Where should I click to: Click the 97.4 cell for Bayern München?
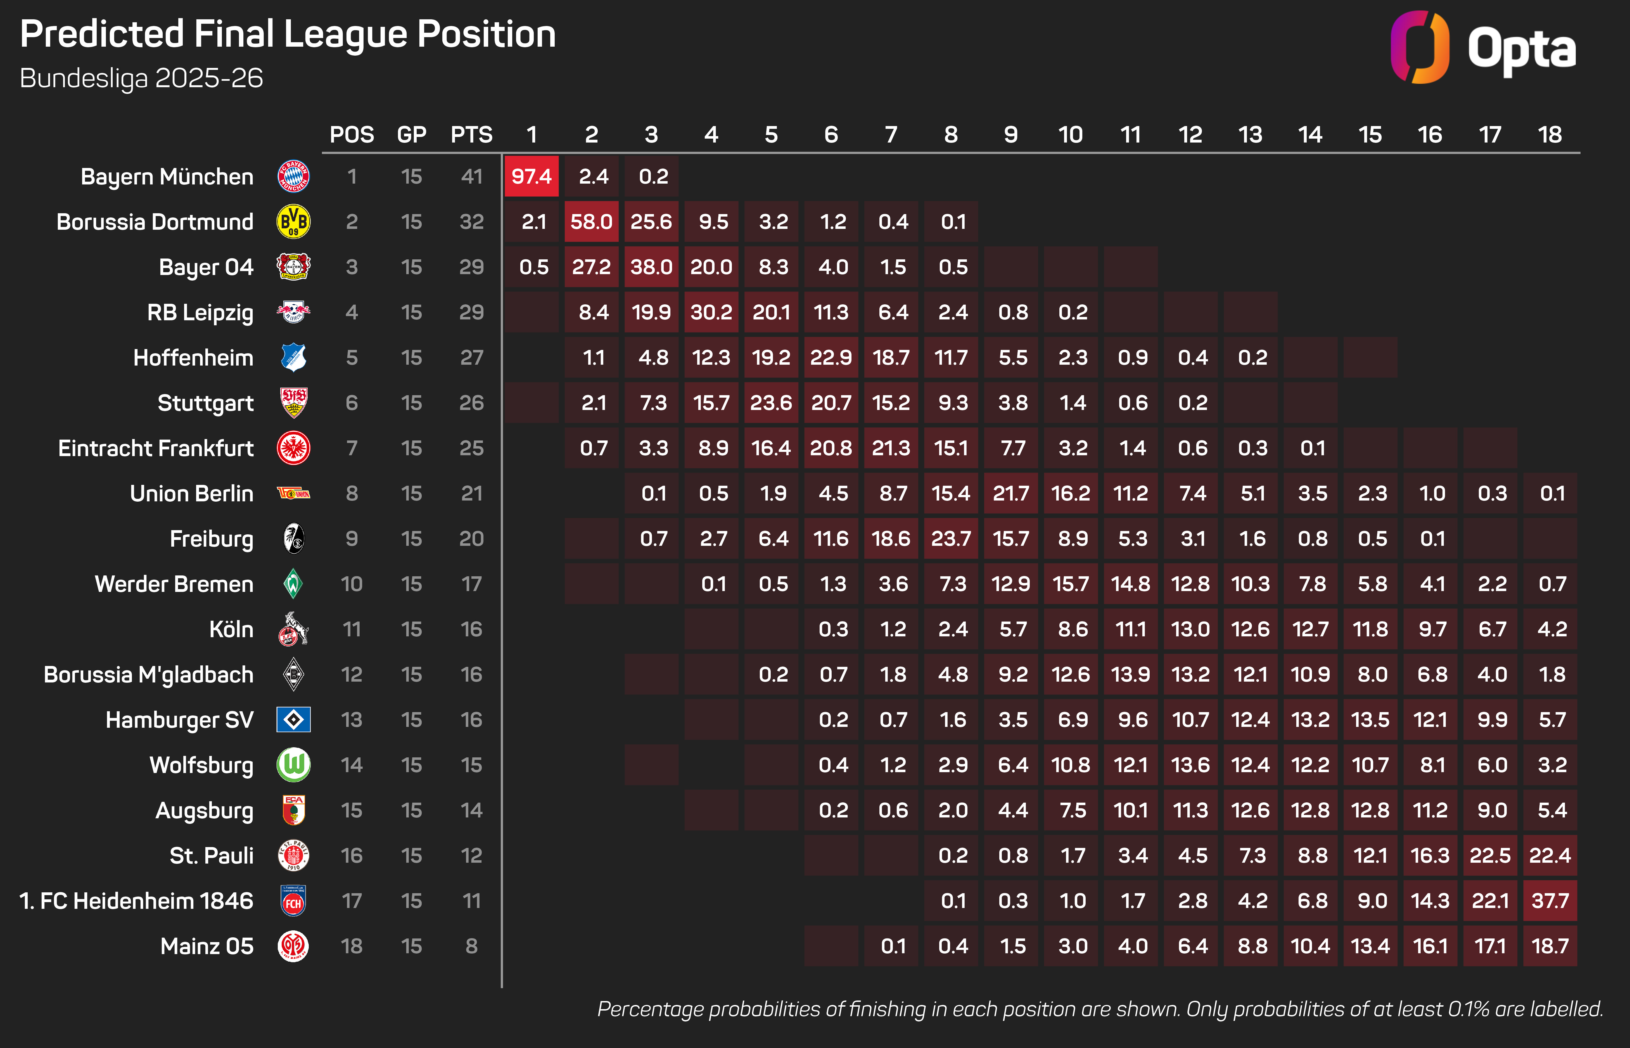point(531,176)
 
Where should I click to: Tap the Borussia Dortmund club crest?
point(293,222)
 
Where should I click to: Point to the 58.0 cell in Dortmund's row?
point(591,222)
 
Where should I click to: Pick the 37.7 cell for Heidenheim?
point(1550,901)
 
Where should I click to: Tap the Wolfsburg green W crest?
point(293,765)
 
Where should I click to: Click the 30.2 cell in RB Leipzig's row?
point(711,312)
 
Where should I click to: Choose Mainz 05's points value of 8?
point(471,946)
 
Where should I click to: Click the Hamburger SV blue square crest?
point(293,719)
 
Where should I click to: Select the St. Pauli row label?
point(212,855)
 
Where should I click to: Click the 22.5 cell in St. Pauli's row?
point(1490,855)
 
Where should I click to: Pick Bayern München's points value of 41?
point(471,176)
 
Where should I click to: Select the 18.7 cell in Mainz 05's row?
point(1550,946)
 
